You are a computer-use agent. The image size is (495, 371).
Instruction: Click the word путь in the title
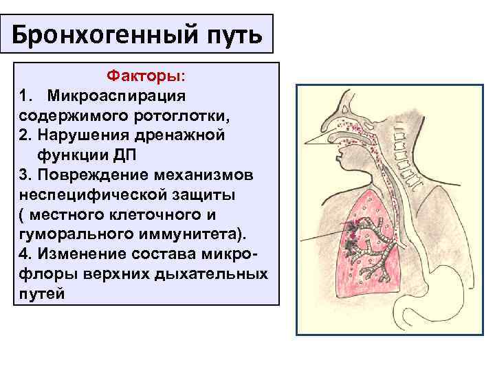[231, 34]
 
